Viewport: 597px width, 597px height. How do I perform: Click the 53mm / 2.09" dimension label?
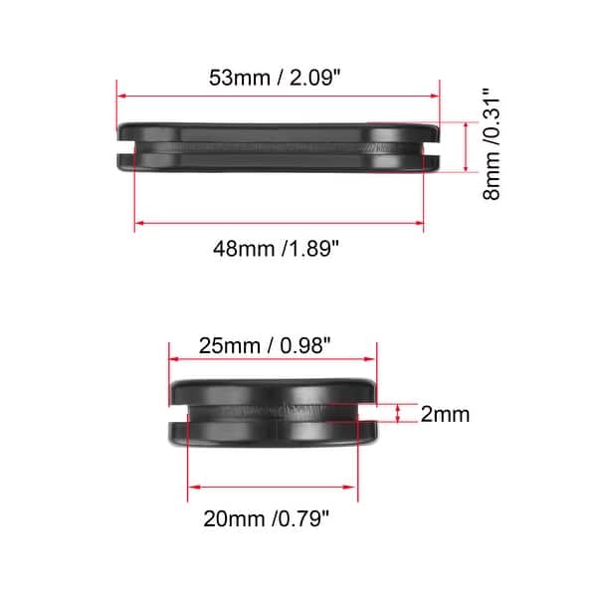click(278, 77)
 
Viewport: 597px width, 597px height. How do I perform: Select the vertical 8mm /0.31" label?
click(492, 145)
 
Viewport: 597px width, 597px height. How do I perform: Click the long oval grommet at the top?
click(279, 147)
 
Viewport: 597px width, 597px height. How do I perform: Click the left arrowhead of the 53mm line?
click(121, 97)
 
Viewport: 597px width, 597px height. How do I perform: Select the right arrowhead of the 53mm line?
click(436, 97)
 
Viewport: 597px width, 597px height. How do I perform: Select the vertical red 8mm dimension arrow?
click(464, 147)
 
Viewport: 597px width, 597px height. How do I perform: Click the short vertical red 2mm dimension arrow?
click(399, 414)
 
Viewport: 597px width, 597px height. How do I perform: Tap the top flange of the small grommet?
click(274, 389)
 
